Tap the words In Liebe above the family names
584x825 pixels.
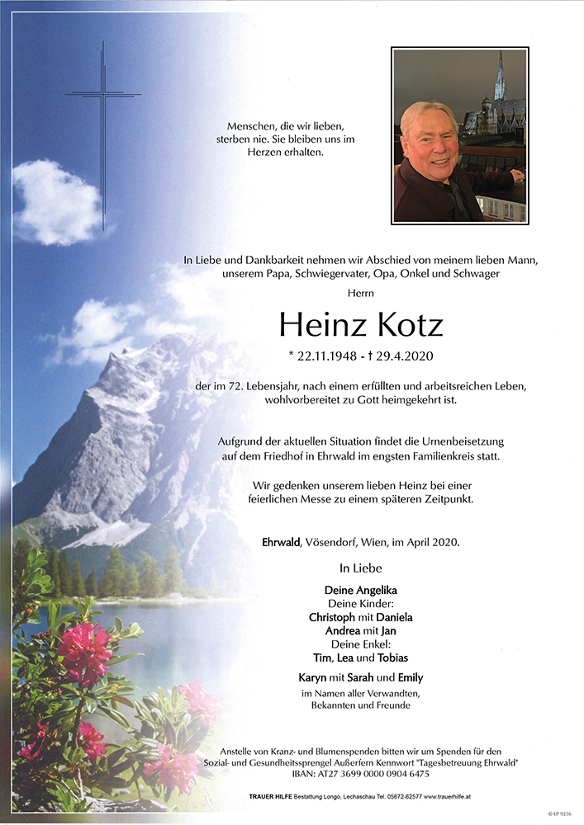(x=361, y=568)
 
